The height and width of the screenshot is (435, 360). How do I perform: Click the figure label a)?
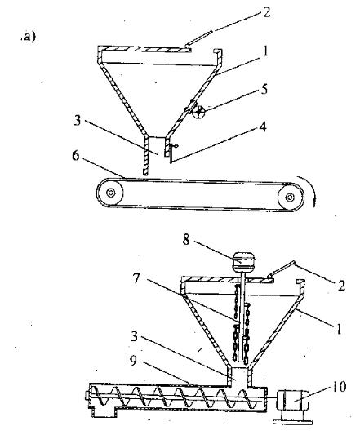coord(28,37)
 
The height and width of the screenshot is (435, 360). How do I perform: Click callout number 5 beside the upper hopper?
coord(264,89)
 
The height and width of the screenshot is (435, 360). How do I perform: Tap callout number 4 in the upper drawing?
coord(263,127)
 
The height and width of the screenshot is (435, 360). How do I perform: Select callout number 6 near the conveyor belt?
coord(76,155)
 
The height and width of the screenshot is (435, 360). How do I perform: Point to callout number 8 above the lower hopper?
coord(186,240)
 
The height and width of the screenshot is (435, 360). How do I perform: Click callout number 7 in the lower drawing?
coord(136,278)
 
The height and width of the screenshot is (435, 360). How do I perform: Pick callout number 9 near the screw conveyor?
coord(134,361)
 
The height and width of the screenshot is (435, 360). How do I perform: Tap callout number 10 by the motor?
coord(339,387)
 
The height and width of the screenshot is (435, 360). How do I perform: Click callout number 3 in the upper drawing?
coord(78,121)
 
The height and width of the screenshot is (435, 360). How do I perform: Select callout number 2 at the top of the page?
coord(266,12)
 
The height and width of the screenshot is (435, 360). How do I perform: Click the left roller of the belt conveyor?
coord(111,193)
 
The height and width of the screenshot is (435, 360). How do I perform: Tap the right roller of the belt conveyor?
coord(290,197)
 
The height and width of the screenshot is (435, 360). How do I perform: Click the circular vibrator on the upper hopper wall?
coord(198,113)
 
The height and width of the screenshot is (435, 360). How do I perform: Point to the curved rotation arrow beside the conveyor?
coord(310,188)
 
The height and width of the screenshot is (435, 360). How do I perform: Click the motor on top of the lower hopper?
coord(243,261)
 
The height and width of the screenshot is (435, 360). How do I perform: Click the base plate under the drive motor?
coord(293,422)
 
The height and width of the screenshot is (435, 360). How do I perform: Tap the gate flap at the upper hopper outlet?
coord(171,153)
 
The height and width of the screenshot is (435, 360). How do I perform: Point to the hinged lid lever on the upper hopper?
coord(199,38)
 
